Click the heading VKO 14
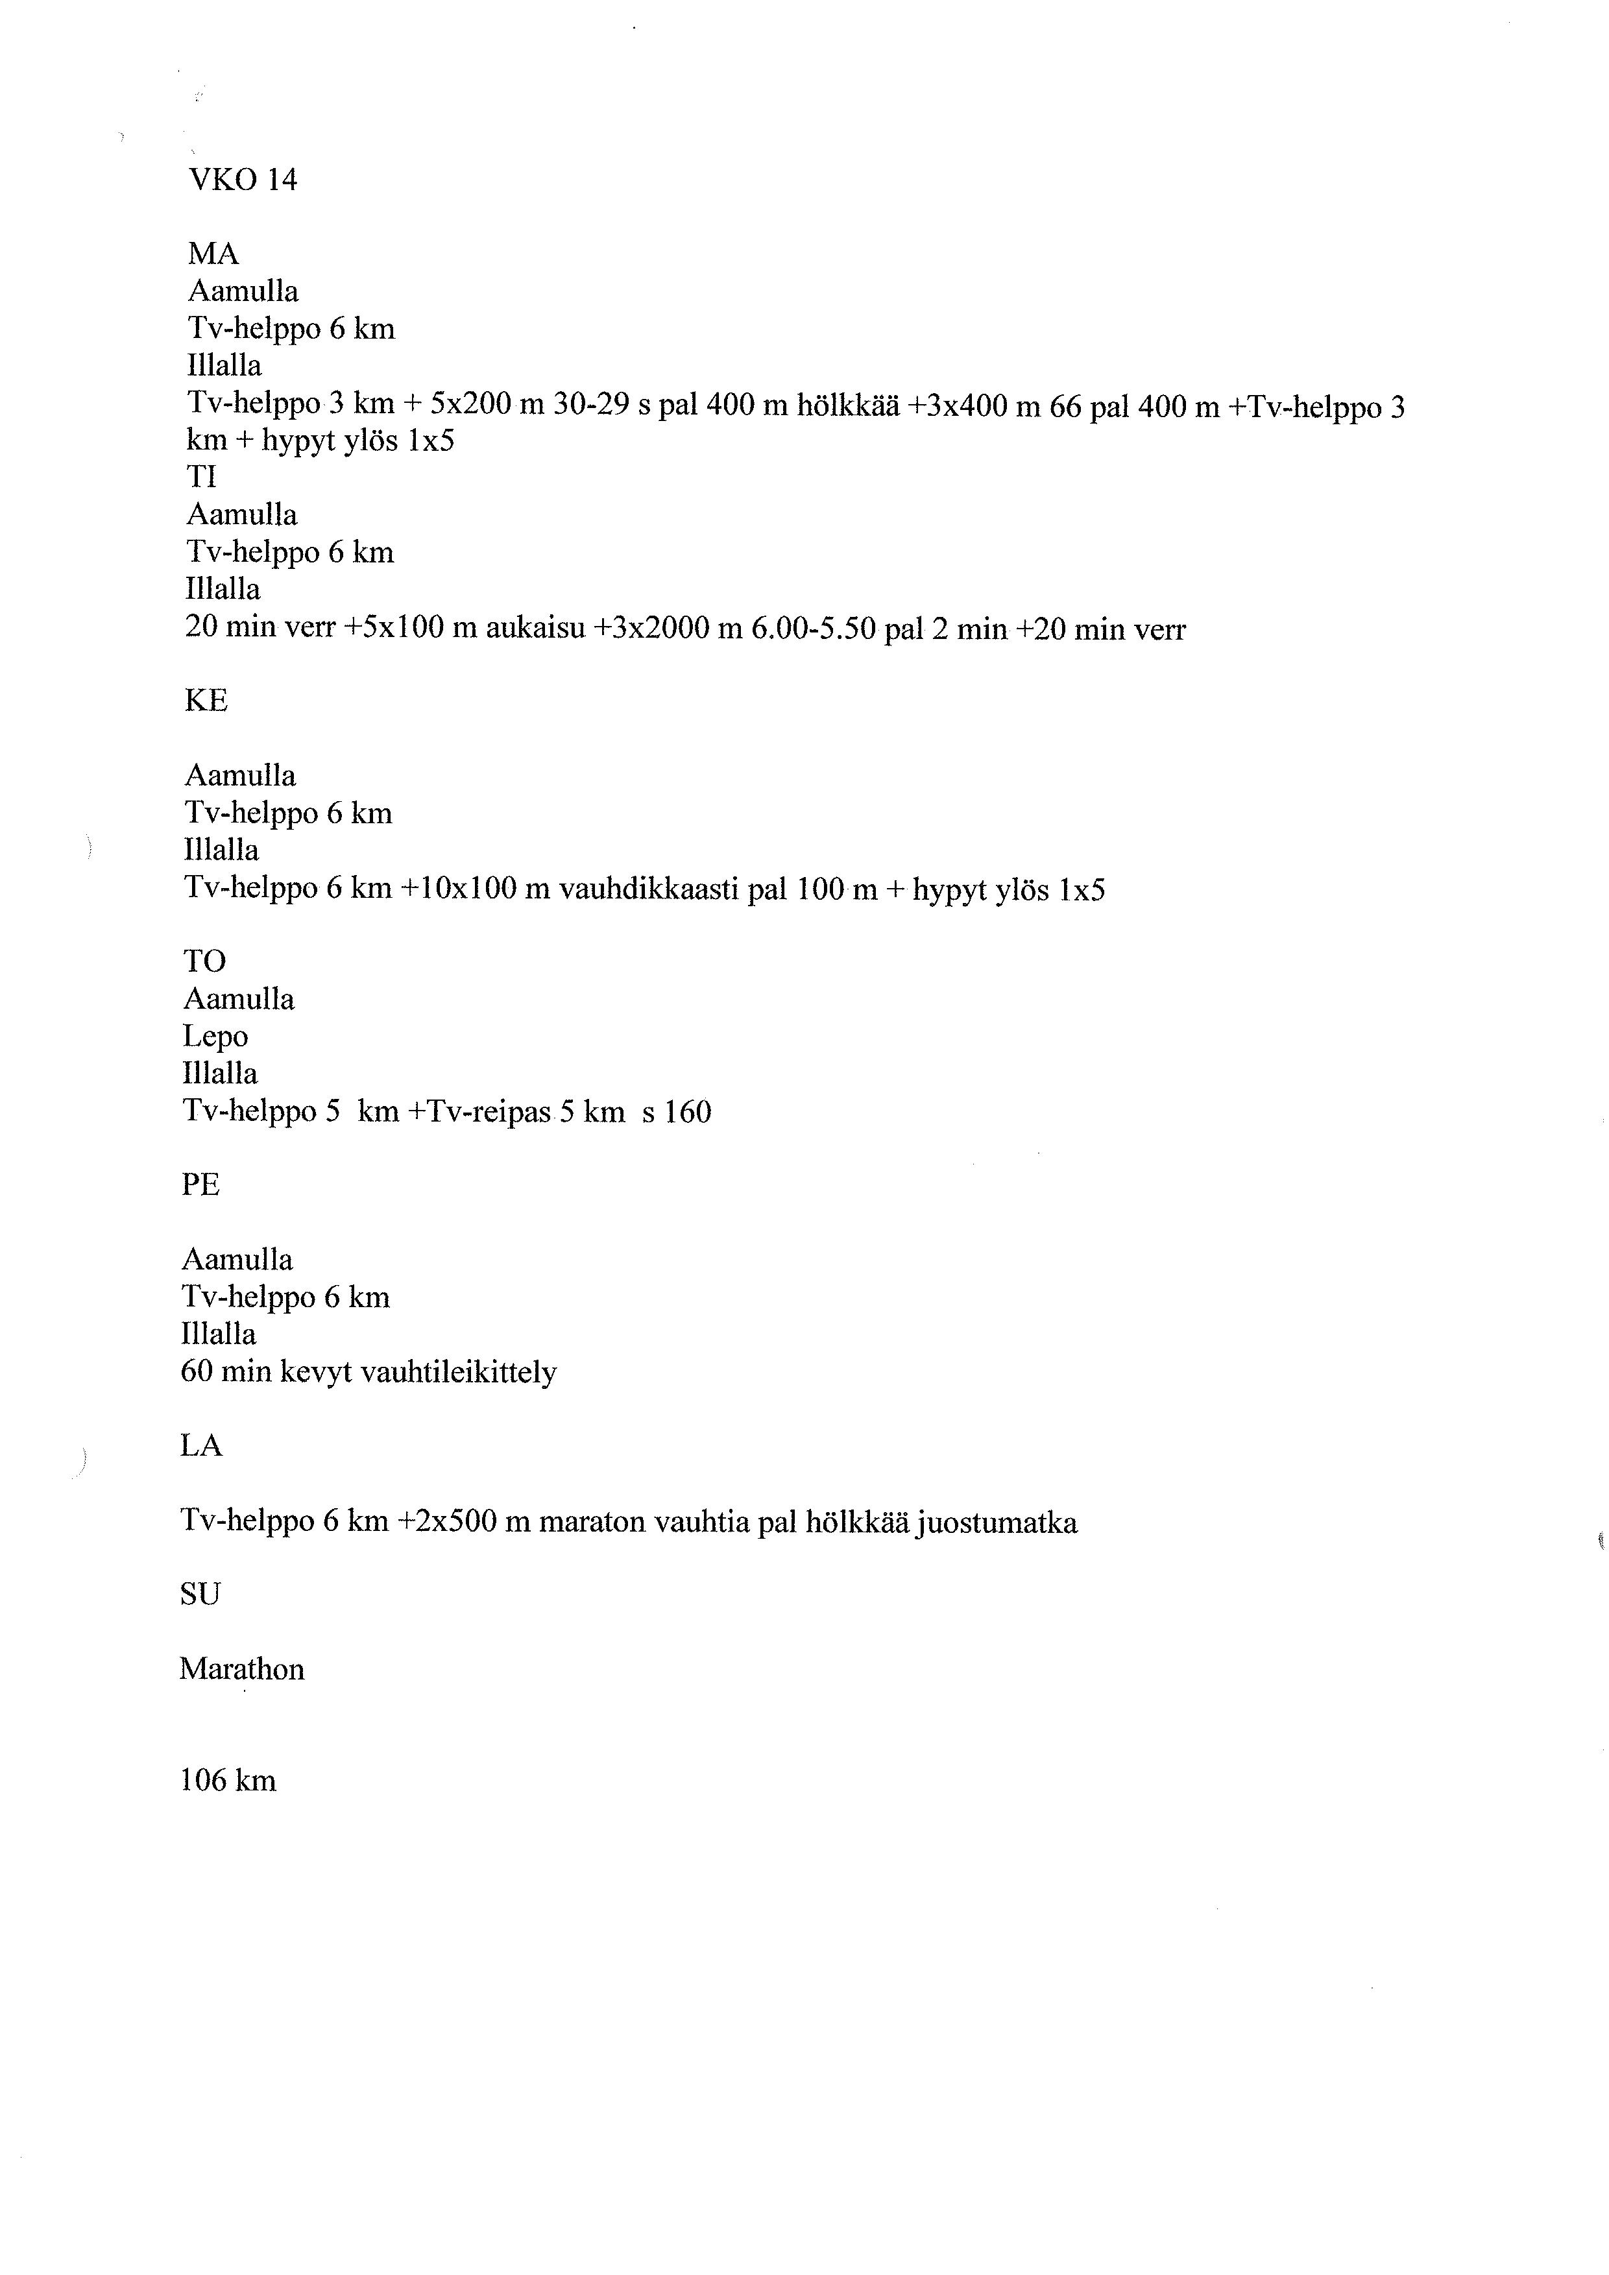tap(243, 180)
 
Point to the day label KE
tap(206, 701)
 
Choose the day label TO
tap(204, 961)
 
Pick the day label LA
tap(201, 1447)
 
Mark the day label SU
tap(200, 1595)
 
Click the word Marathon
tap(242, 1670)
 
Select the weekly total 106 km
tap(228, 1781)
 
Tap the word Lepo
tap(215, 1037)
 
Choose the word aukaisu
tap(535, 629)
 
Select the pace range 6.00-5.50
tap(814, 629)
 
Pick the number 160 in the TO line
tap(688, 1112)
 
